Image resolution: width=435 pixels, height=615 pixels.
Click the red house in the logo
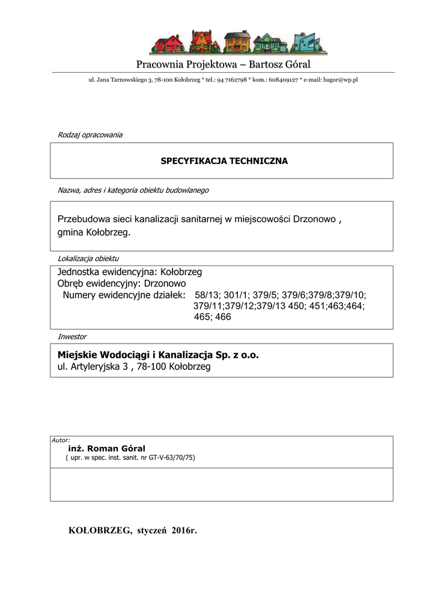click(169, 44)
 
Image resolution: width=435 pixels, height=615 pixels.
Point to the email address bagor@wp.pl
click(339, 80)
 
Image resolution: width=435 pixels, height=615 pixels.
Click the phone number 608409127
click(283, 80)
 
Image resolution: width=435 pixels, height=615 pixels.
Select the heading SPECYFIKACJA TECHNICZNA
click(224, 161)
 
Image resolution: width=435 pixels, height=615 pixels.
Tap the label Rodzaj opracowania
click(90, 135)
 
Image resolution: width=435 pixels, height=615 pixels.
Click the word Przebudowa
click(80, 219)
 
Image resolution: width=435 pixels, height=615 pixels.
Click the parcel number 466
click(223, 317)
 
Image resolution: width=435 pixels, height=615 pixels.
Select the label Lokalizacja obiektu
click(88, 258)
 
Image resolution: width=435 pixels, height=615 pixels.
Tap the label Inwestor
click(71, 336)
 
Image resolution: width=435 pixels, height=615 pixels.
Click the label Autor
click(61, 440)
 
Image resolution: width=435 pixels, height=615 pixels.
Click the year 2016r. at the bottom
click(184, 530)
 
